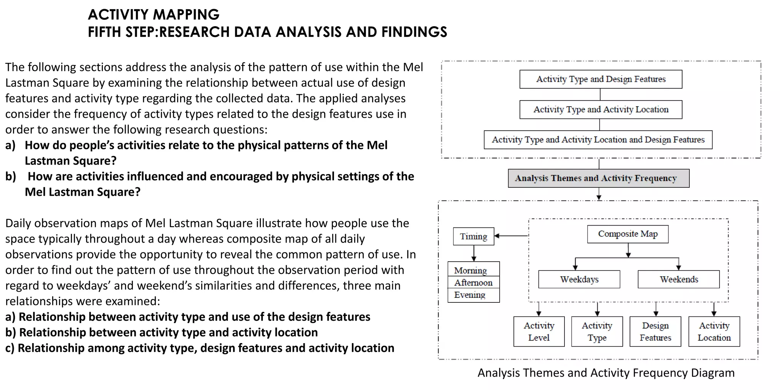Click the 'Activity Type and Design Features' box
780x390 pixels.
pos(601,79)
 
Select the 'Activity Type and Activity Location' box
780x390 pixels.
pos(601,110)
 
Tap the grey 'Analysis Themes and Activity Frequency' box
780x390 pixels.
pos(598,178)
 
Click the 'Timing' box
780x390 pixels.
pos(473,237)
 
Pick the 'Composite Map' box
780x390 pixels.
pos(628,234)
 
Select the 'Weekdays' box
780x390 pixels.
pos(579,280)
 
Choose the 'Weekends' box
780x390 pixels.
pos(679,280)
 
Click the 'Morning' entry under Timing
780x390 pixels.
pos(471,270)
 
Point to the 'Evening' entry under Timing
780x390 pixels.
pos(470,295)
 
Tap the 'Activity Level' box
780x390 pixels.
pos(539,331)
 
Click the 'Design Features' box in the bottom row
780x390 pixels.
pos(655,331)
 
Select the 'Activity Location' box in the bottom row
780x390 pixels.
pos(714,331)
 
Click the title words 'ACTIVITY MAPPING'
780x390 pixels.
pos(153,15)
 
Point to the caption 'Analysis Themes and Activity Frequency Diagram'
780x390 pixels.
pos(606,372)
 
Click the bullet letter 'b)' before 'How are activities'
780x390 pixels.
pos(11,176)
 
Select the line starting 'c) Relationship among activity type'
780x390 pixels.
pos(200,348)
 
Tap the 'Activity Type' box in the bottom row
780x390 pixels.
pos(597,331)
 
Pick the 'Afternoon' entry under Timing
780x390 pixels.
pos(473,283)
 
